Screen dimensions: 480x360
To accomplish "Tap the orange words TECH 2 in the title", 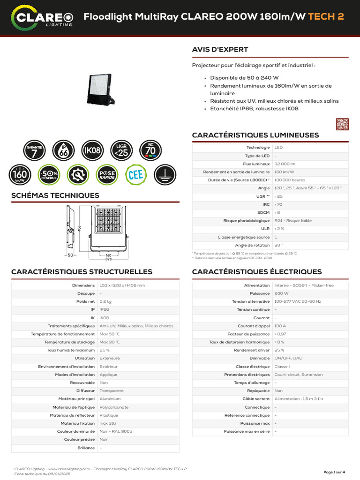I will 326,16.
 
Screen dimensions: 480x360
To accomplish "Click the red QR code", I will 342,124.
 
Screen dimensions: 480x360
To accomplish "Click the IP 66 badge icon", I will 64,150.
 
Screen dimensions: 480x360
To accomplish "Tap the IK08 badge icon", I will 92,150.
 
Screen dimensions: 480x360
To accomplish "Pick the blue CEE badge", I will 135,175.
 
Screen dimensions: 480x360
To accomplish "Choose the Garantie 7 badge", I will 35,150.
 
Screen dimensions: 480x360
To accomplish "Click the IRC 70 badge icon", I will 150,150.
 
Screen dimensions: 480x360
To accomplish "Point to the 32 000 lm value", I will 285,164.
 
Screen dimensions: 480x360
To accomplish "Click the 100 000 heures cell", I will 290,180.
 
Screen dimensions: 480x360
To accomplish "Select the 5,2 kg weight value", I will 105,301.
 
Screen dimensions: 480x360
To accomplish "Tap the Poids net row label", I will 85,301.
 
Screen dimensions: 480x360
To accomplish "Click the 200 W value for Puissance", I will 281,293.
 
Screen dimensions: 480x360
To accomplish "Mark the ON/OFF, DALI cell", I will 288,358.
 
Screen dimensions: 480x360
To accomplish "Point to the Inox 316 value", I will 108,423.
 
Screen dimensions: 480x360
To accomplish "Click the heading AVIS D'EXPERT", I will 220,50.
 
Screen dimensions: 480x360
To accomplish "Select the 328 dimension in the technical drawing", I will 108,259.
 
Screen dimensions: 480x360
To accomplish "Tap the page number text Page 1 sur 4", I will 334,472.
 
